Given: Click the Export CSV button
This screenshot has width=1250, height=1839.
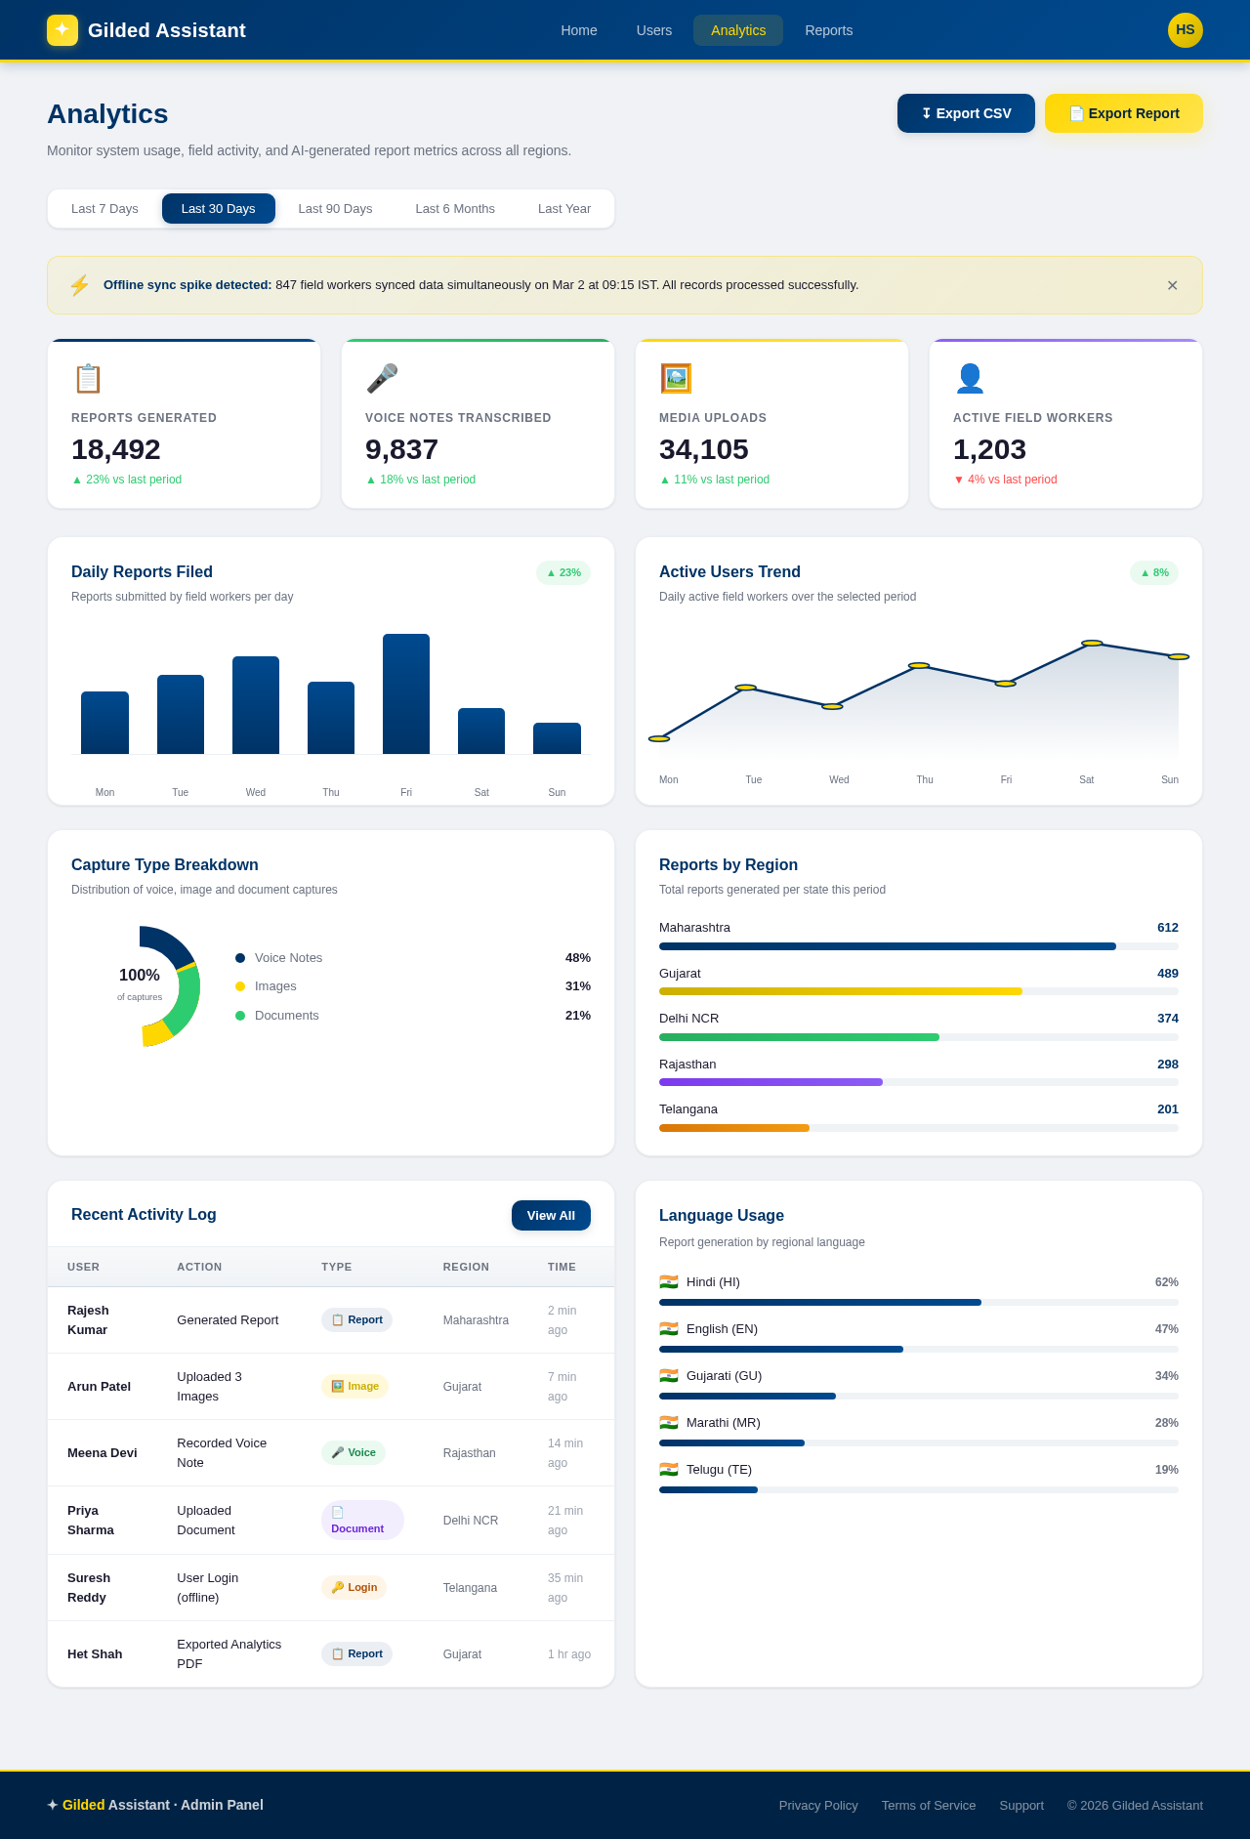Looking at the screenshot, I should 966,113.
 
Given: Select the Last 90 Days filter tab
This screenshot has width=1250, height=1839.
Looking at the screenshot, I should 335,209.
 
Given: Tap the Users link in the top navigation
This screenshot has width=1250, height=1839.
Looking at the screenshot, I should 653,30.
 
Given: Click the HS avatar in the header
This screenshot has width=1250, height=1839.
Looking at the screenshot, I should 1185,30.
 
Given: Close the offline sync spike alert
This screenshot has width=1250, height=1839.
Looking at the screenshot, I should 1172,285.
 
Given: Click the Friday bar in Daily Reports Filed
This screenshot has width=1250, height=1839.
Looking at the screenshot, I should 406,693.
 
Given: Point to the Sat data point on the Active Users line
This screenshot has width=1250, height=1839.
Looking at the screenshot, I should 1092,644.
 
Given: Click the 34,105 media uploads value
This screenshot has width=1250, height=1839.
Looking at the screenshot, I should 703,449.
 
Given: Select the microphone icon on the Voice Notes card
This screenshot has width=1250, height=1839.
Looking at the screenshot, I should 382,378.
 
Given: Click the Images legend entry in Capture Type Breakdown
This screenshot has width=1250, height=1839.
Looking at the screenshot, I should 275,986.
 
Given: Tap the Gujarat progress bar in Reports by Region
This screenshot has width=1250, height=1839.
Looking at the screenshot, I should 840,991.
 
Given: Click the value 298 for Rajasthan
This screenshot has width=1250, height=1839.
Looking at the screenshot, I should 1167,1065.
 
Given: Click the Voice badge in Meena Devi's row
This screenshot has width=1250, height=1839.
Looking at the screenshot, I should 354,1452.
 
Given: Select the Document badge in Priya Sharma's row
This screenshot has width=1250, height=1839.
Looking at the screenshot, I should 362,1521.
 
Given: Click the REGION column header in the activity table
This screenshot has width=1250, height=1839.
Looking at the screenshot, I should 466,1267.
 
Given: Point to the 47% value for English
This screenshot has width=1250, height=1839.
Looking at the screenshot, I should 1166,1329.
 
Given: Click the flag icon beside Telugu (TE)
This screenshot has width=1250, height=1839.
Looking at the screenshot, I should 669,1470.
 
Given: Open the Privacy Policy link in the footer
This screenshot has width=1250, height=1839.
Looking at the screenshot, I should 817,1805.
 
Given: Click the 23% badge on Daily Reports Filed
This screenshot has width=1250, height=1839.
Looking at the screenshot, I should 563,572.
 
